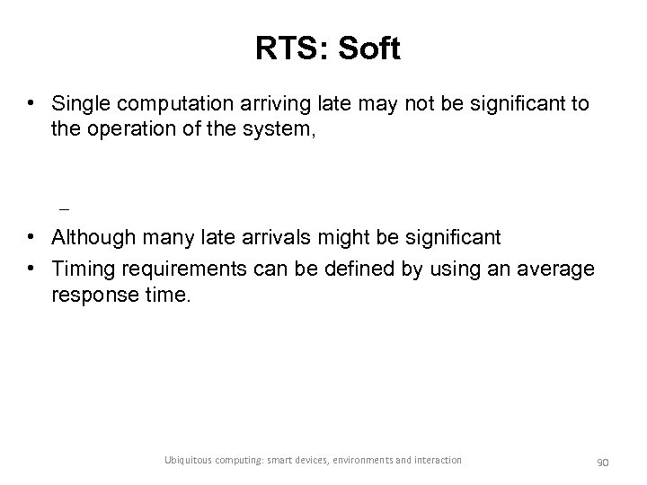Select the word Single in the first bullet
pos(81,104)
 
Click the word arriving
pos(257,104)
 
